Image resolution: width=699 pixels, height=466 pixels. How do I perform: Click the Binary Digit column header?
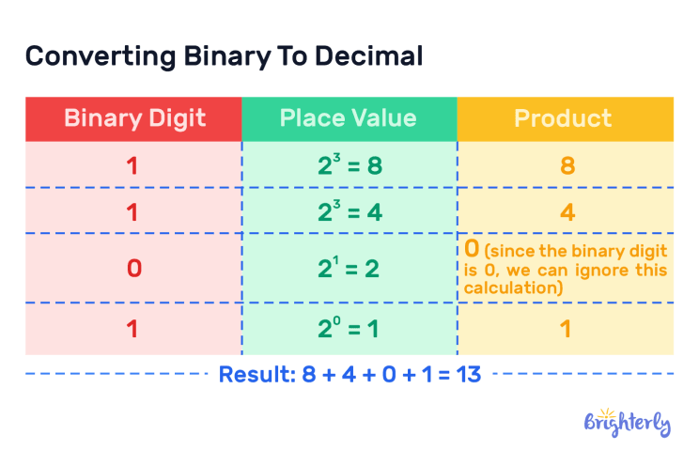134,118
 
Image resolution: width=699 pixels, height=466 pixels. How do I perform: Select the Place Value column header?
349,118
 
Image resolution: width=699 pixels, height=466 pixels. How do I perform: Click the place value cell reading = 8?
349,164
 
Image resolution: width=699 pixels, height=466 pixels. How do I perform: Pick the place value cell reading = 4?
349,210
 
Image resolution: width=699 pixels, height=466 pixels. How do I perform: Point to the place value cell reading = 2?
349,268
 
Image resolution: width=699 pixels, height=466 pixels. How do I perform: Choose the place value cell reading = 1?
349,328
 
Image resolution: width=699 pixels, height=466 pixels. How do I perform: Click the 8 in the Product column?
567,165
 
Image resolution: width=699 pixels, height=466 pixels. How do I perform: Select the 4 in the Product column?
567,211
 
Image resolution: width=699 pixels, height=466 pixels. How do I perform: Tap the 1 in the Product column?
566,329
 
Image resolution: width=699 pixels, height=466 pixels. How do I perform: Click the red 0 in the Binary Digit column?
134,269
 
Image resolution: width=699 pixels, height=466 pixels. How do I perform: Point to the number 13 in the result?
469,374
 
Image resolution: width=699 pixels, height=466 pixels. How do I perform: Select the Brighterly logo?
628,422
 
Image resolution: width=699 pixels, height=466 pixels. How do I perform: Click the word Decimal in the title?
368,56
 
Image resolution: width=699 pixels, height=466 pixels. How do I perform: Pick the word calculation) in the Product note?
513,288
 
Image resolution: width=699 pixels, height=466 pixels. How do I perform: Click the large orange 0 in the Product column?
472,248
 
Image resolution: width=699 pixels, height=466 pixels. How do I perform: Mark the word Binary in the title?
227,57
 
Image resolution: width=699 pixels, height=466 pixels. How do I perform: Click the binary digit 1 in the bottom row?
132,329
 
